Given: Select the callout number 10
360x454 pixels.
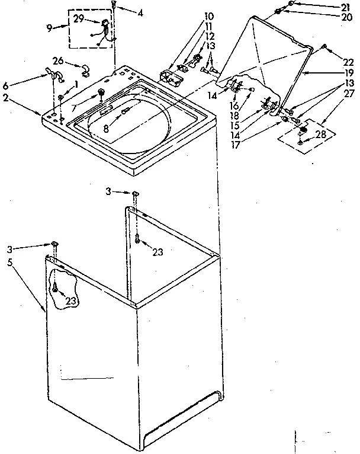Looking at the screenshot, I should (x=193, y=15).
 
